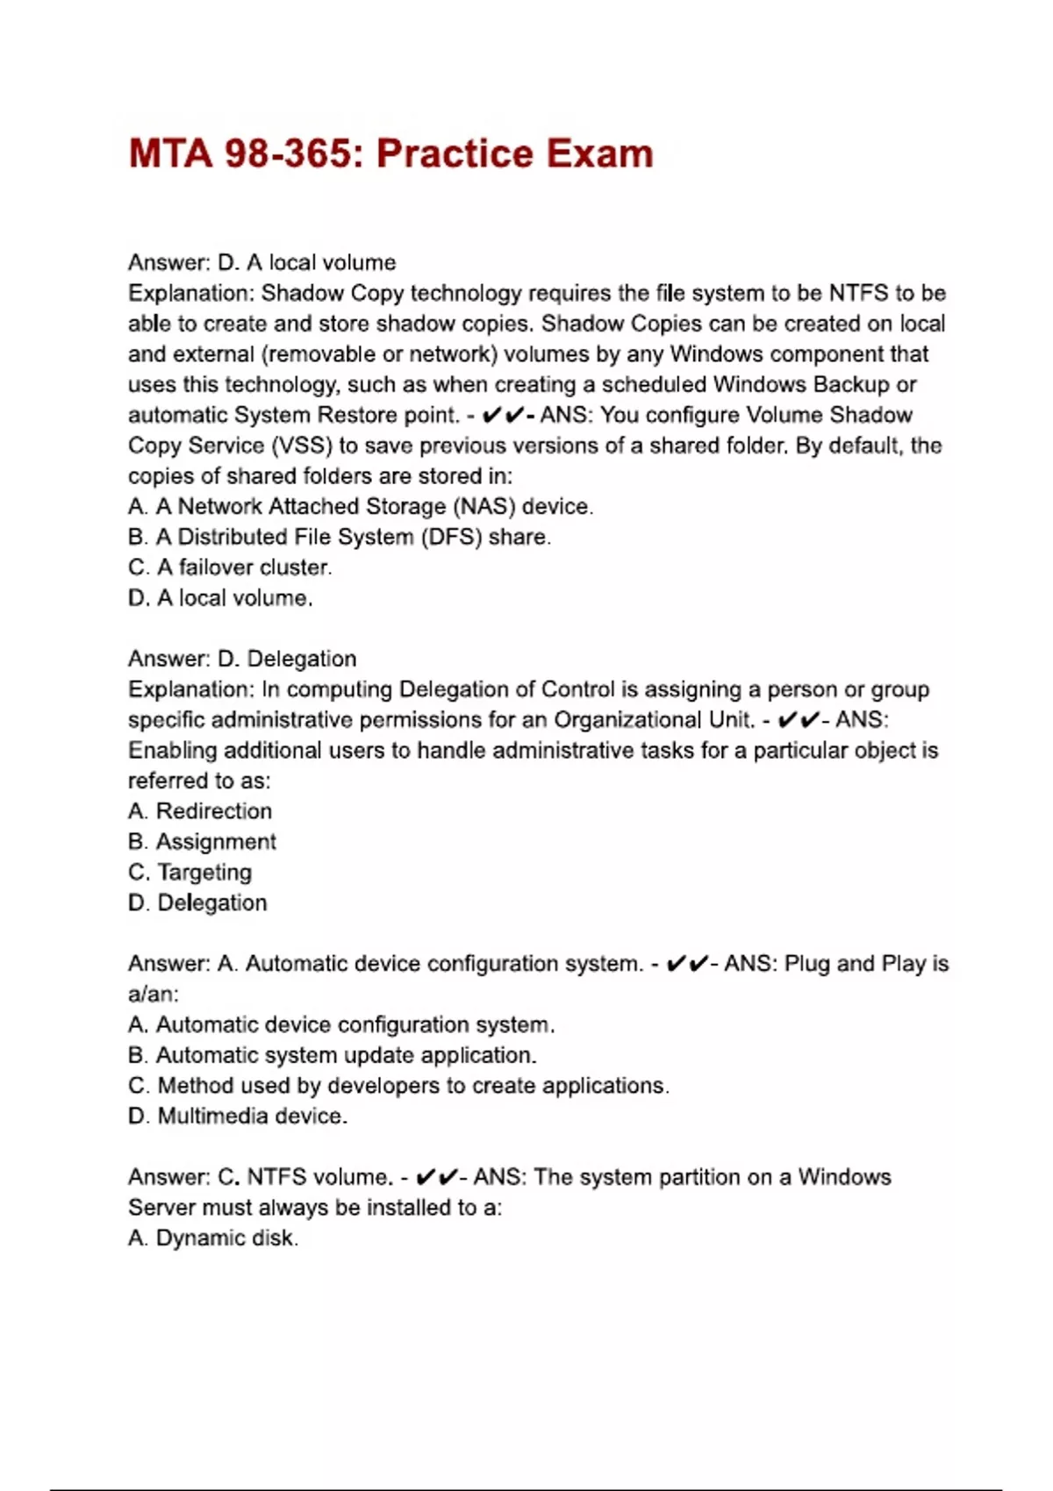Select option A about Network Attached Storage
[361, 506]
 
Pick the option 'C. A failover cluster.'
[230, 567]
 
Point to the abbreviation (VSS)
[303, 446]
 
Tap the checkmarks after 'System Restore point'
[503, 415]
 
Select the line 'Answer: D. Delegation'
[242, 659]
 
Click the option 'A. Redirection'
[200, 811]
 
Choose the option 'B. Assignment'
[202, 842]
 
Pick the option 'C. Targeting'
[190, 873]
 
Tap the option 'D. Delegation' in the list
[197, 902]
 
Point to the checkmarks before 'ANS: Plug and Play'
[687, 964]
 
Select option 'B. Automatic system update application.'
[333, 1055]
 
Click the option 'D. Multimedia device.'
[238, 1116]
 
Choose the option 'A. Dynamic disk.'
[213, 1238]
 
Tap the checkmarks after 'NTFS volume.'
[437, 1177]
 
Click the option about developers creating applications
[398, 1086]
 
